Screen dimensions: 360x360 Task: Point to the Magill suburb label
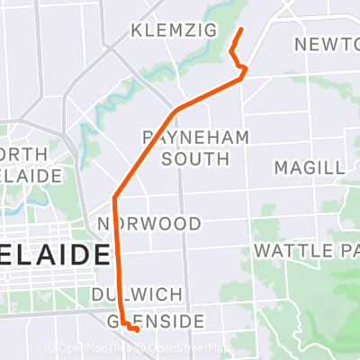point(309,168)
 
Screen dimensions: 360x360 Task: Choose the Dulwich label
point(137,294)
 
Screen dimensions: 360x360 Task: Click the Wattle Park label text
point(306,249)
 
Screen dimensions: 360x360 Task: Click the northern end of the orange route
point(241,30)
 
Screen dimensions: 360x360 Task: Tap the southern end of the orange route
point(138,330)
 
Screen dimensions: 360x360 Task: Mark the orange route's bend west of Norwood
point(115,197)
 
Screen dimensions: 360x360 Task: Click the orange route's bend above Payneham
point(176,110)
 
